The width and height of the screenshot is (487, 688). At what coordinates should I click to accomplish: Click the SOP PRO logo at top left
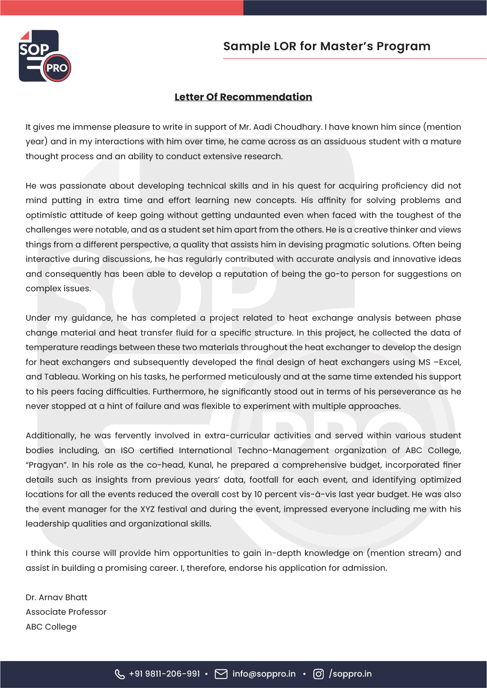point(45,56)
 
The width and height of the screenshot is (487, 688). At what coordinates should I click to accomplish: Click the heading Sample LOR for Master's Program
point(327,46)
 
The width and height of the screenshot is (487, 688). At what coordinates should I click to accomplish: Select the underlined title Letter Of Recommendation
point(243,97)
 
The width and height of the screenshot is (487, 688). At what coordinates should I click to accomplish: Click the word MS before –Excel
point(424,362)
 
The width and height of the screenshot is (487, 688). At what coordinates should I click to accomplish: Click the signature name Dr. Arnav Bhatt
point(56,597)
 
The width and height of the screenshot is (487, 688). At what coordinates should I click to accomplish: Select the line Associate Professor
point(66,612)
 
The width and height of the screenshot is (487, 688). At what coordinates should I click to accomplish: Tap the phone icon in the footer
point(120,674)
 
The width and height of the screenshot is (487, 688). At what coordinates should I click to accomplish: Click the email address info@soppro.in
point(264,674)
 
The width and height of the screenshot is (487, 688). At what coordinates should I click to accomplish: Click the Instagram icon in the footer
point(318,674)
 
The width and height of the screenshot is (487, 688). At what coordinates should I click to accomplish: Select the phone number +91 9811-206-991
point(164,674)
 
